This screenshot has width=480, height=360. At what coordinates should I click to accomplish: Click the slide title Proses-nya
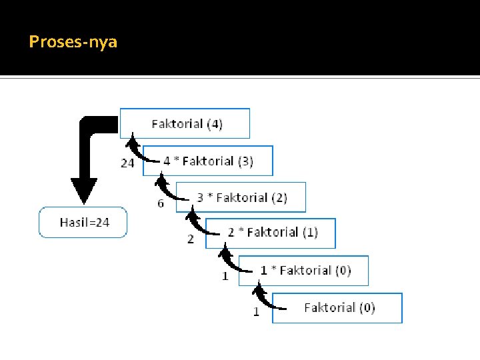click(73, 42)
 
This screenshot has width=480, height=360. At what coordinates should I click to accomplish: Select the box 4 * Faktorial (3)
click(207, 161)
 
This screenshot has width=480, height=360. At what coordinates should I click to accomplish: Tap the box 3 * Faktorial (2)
click(241, 197)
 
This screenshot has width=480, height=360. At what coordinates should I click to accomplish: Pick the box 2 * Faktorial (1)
click(272, 232)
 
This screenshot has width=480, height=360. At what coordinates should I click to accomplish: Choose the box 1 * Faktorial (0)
click(305, 270)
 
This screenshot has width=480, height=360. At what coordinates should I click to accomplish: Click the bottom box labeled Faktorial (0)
click(338, 307)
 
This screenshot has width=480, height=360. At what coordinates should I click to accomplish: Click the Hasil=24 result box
click(83, 223)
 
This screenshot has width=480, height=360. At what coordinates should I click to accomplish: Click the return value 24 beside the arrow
click(127, 163)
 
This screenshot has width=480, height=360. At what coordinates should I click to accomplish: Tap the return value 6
click(161, 203)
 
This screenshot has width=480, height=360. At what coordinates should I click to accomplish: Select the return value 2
click(191, 239)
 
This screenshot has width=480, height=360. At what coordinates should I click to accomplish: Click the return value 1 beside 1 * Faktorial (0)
click(225, 275)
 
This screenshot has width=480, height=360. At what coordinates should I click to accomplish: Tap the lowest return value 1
click(256, 311)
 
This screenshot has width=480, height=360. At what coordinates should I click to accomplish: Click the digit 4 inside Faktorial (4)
click(214, 123)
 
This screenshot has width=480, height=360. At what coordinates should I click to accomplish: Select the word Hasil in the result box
click(74, 223)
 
